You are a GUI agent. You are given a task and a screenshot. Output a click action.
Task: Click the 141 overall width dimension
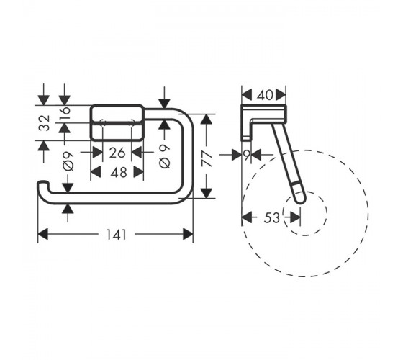pyautogui.click(x=117, y=235)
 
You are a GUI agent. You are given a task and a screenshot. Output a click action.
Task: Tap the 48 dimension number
pyautogui.click(x=119, y=172)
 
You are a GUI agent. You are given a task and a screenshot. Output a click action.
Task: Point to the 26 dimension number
pyautogui.click(x=117, y=153)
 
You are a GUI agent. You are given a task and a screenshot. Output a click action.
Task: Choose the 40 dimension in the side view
pyautogui.click(x=266, y=95)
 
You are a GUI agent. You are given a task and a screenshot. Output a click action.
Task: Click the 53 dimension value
pyautogui.click(x=271, y=218)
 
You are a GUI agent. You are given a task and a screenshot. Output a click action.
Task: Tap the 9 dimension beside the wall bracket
pyautogui.click(x=246, y=155)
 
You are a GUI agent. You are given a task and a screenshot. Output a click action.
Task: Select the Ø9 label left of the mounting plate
pyautogui.click(x=68, y=161)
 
